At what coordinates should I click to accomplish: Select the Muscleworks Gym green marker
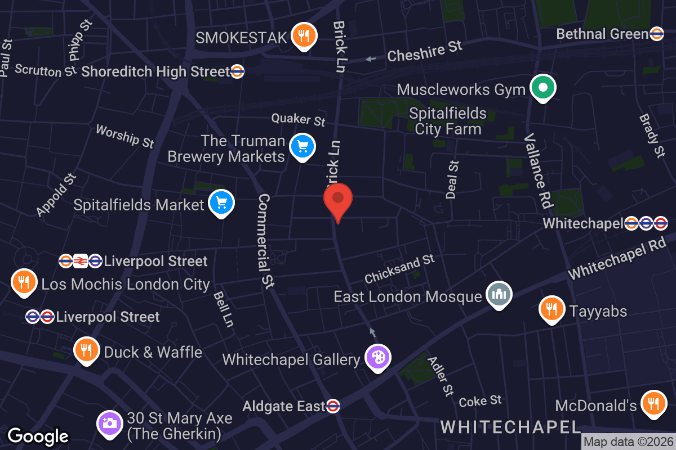coord(543,88)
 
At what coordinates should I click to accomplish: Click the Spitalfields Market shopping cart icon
coord(221,203)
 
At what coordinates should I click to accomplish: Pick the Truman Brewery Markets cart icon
coord(303,147)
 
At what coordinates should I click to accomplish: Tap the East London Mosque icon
coord(499,294)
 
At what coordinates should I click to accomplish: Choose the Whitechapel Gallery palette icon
coord(377,357)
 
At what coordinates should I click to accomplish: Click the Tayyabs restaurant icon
coord(552,309)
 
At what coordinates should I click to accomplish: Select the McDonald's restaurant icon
coord(653,404)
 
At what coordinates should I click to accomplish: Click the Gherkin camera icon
coord(109,424)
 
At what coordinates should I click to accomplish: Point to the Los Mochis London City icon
coord(24,282)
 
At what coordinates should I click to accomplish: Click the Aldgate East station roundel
coord(333,406)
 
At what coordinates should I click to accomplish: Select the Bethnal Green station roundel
coord(656,34)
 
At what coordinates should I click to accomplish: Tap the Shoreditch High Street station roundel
coord(237,71)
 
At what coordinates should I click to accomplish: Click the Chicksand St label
coord(399,269)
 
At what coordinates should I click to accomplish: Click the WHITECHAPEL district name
coord(510,426)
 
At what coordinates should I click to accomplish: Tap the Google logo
coord(38,436)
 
